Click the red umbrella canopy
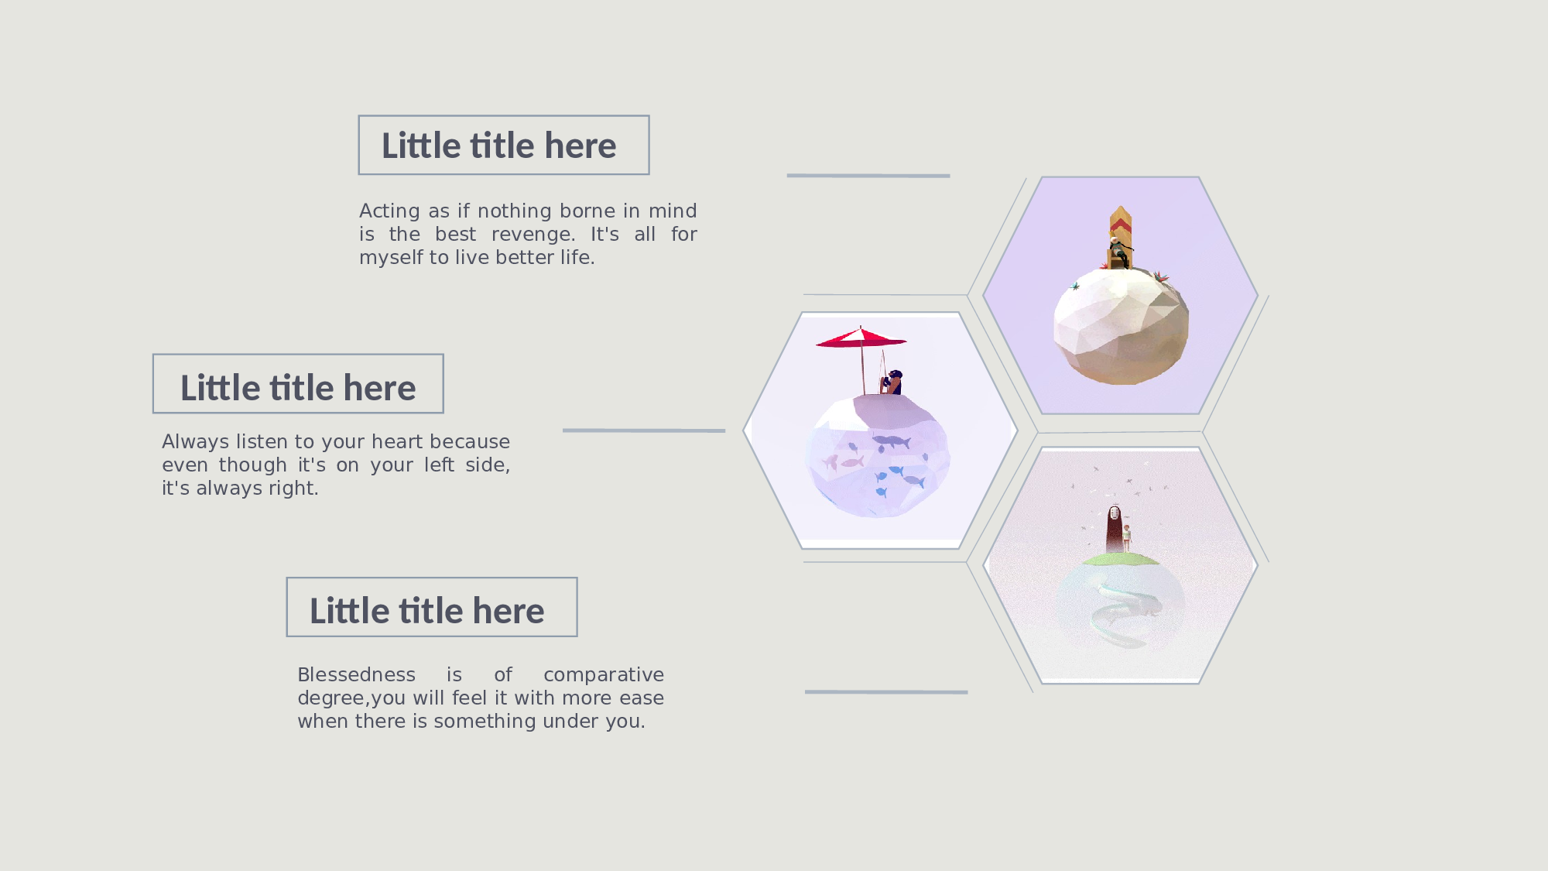tap(861, 338)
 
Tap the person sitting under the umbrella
tap(892, 382)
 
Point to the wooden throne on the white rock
tap(1120, 237)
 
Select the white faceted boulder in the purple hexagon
tap(1121, 326)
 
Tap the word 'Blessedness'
tap(356, 674)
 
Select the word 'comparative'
tap(604, 675)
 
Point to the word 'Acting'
tap(389, 211)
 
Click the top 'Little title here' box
tap(504, 145)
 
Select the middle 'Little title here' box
tap(298, 384)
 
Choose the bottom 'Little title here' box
tap(432, 607)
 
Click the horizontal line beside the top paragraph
tap(868, 176)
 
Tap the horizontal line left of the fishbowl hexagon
tap(644, 430)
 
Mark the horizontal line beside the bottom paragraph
tap(886, 692)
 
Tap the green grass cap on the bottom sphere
tap(1120, 558)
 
